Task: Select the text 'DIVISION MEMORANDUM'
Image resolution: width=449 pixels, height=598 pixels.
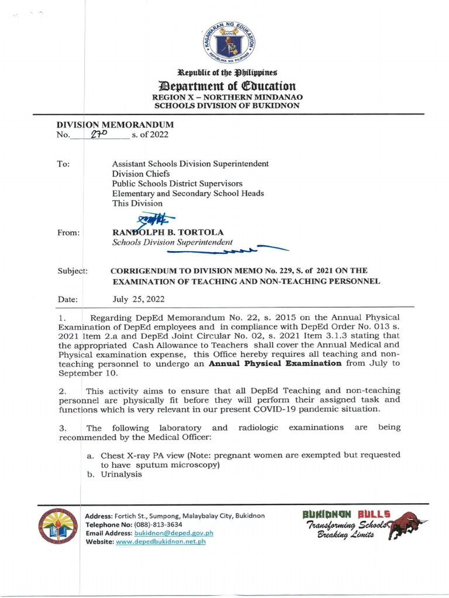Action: pyautogui.click(x=115, y=124)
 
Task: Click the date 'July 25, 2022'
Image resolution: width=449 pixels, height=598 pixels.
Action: pyautogui.click(x=139, y=299)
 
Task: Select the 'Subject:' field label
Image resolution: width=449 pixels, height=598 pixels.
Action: pyautogui.click(x=72, y=271)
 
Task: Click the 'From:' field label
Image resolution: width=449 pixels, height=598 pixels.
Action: pyautogui.click(x=68, y=232)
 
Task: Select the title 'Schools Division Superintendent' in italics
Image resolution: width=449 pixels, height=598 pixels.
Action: pyautogui.click(x=172, y=242)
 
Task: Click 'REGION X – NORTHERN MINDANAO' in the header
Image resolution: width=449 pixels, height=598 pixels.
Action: pyautogui.click(x=226, y=96)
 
